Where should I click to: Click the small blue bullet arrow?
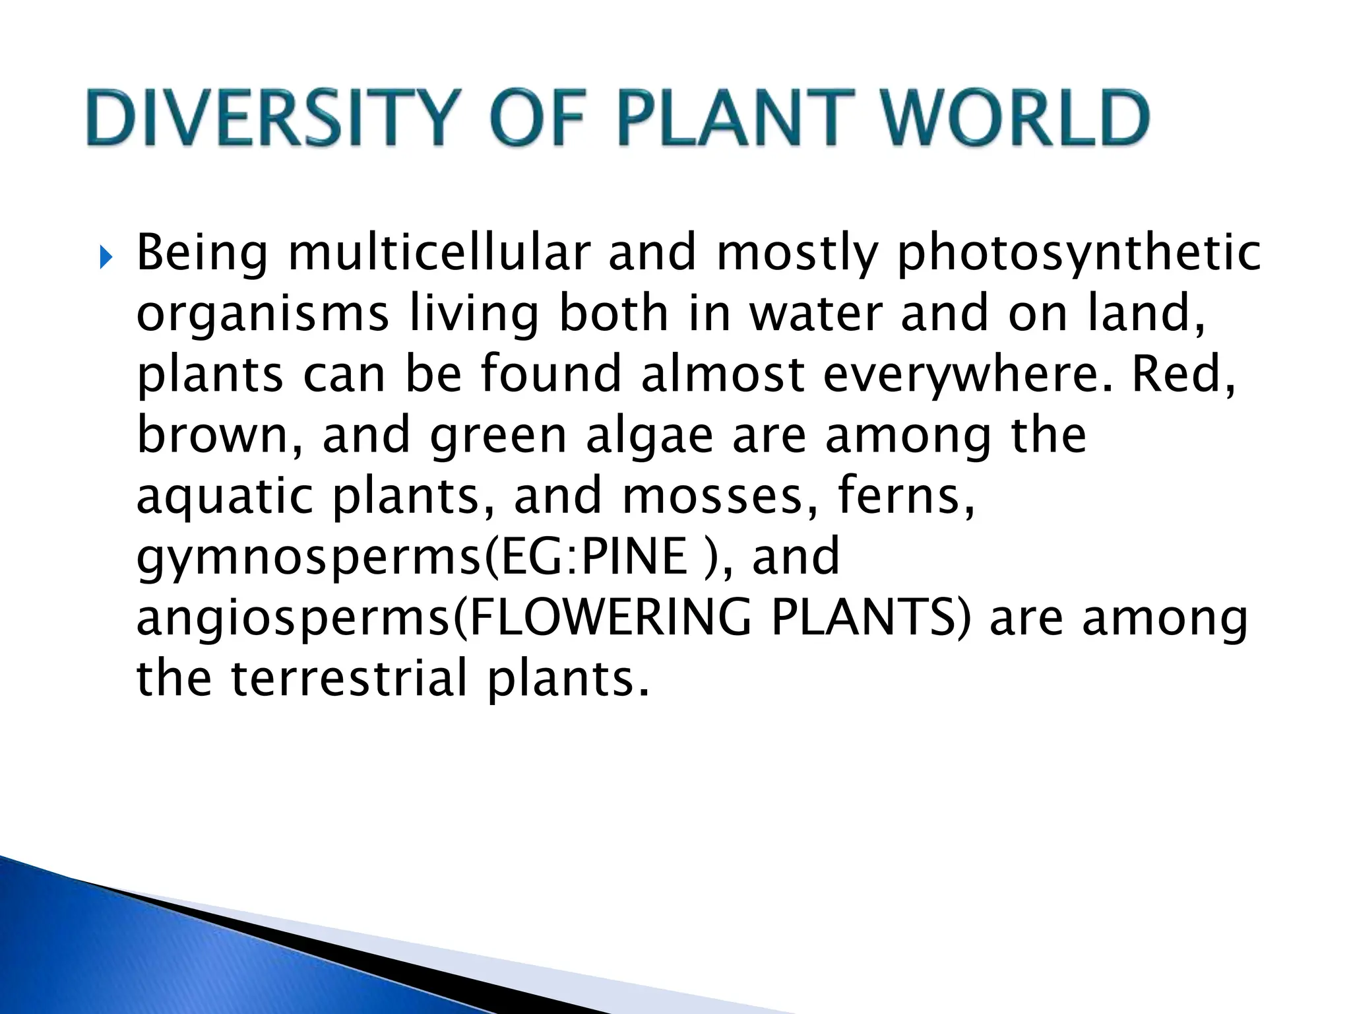[x=106, y=257]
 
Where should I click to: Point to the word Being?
[x=202, y=254]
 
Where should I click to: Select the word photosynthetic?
[x=1078, y=254]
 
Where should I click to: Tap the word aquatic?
[x=224, y=497]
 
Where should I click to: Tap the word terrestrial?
[x=349, y=678]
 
